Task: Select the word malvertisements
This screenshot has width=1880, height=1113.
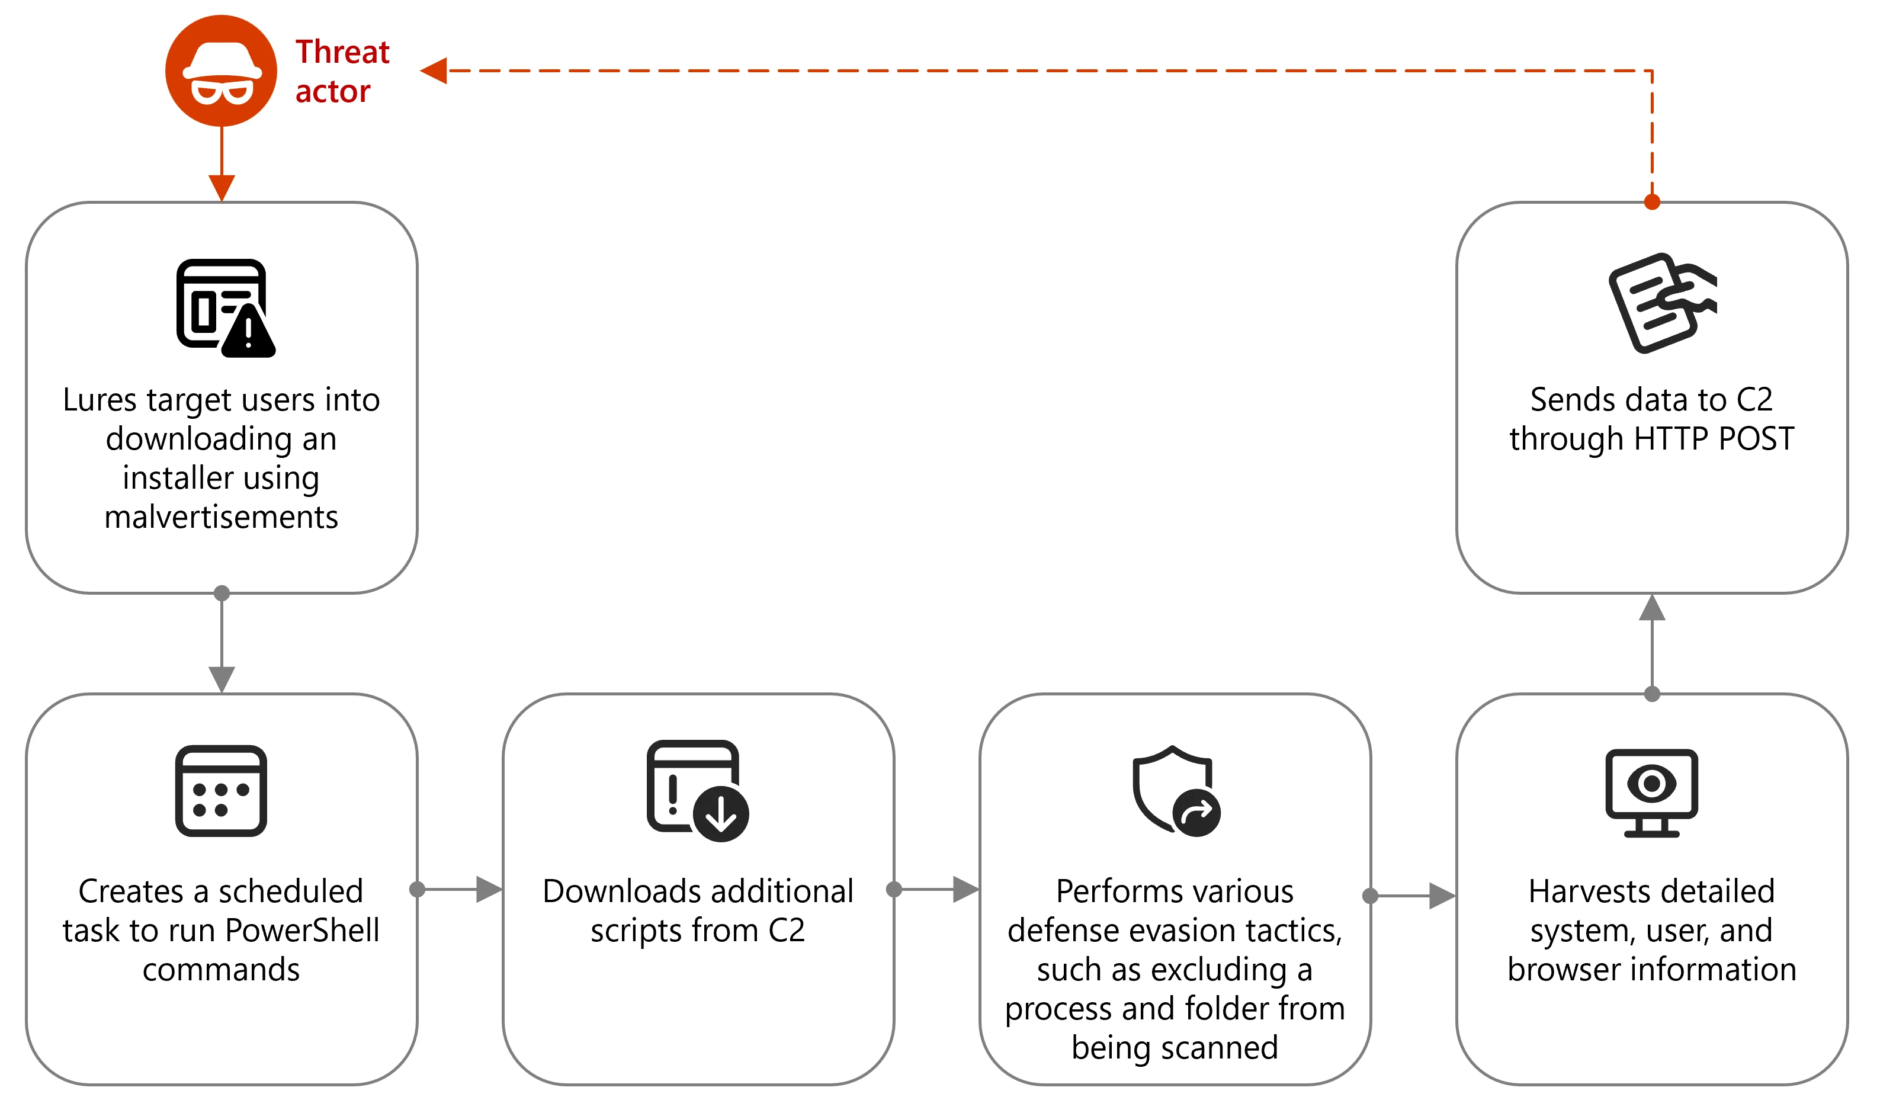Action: click(221, 518)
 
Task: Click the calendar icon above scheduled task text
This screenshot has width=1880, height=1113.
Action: click(221, 791)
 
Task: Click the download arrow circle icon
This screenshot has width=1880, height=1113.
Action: click(721, 814)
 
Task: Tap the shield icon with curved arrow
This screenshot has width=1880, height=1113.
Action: click(1175, 791)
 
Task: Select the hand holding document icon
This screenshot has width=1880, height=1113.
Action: click(1660, 302)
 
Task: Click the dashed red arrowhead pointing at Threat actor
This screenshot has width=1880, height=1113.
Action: click(434, 71)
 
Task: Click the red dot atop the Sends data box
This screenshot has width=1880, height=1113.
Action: click(1652, 203)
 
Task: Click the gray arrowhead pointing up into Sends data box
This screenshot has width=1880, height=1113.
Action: click(1652, 608)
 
